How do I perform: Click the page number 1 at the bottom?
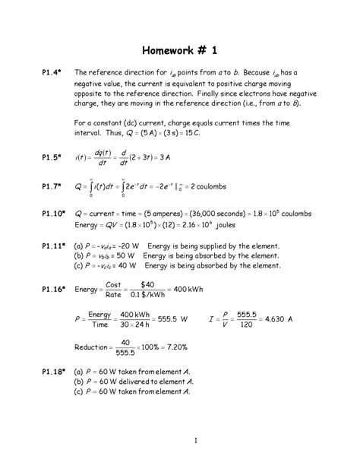click(195, 440)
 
